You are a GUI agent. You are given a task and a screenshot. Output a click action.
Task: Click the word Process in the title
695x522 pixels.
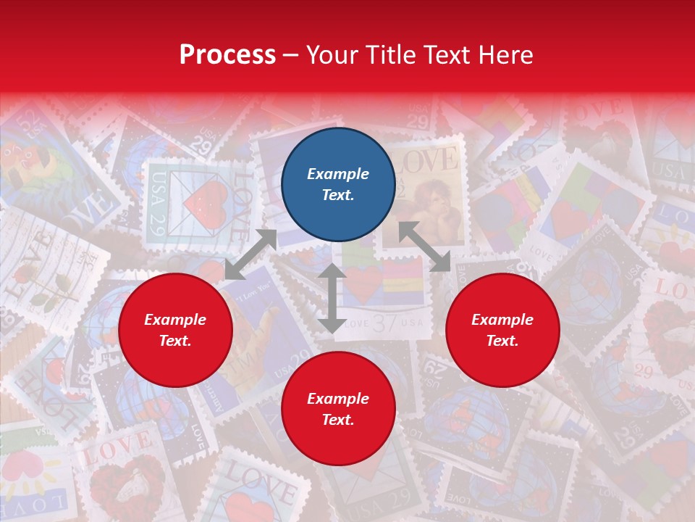[x=227, y=55]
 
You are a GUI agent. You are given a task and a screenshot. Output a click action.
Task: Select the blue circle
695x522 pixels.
[x=338, y=184]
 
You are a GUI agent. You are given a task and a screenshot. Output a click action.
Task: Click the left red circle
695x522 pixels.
[x=175, y=330]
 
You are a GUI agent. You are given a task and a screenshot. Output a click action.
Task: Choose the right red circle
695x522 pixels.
[x=502, y=330]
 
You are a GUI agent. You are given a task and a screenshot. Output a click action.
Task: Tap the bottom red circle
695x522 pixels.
[x=338, y=409]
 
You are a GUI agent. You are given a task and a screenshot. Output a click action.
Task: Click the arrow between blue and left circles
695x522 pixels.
[x=250, y=254]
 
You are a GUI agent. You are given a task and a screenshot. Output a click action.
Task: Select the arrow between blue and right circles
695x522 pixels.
[x=425, y=246]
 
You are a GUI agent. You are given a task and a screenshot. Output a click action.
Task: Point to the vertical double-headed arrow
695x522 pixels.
[x=332, y=298]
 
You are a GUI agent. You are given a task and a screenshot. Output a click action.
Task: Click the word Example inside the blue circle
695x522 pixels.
[x=338, y=174]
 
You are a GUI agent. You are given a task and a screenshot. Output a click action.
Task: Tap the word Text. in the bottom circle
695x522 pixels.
[x=338, y=420]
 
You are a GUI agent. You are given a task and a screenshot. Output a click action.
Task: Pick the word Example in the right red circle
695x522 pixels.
[x=502, y=320]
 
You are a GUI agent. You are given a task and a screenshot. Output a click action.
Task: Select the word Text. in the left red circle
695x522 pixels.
[x=175, y=341]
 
